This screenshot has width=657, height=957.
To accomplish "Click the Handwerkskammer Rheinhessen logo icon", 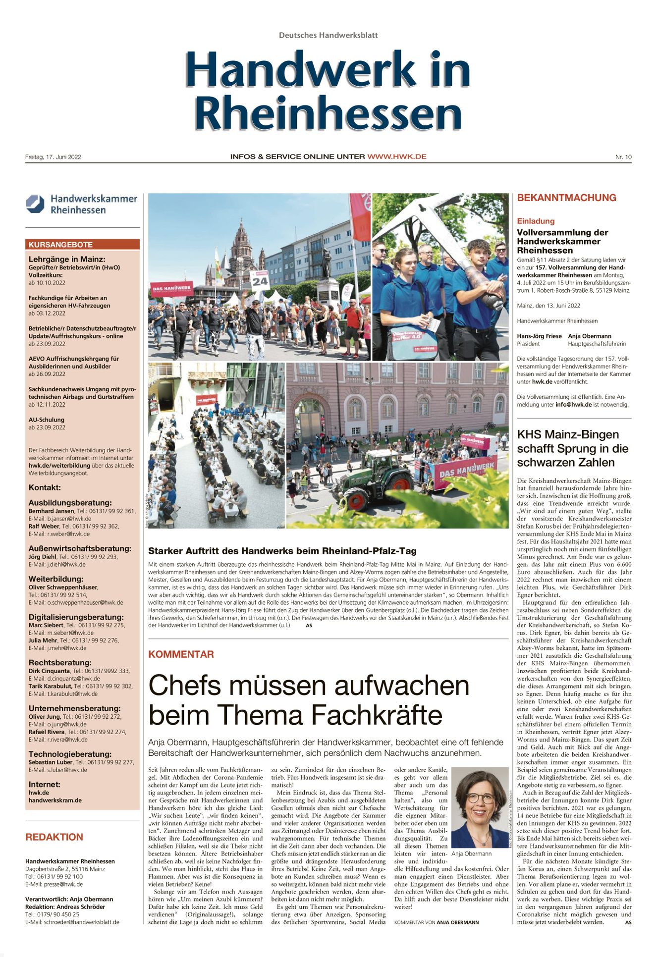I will click(35, 204).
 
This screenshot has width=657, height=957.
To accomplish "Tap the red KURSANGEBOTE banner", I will click(82, 245).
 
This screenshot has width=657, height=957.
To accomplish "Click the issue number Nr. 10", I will click(623, 157).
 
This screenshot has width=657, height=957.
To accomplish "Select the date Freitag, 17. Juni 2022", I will click(53, 157).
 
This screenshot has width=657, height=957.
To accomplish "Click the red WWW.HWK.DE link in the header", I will click(396, 157).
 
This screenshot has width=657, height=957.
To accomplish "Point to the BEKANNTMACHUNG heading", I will click(566, 198).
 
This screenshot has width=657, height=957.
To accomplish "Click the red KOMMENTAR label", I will click(181, 654).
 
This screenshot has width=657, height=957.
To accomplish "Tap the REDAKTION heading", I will click(54, 837).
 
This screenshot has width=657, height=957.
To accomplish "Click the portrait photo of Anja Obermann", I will click(479, 807).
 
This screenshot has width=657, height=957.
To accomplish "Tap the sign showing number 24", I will click(260, 281).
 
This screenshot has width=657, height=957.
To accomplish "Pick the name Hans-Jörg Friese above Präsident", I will click(539, 336).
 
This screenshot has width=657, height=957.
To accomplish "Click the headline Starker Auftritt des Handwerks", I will click(282, 551).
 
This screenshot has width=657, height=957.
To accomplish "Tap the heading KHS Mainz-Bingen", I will click(568, 434).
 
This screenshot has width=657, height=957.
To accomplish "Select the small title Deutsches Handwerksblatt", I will click(328, 35).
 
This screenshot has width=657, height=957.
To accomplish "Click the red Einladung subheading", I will click(536, 221).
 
